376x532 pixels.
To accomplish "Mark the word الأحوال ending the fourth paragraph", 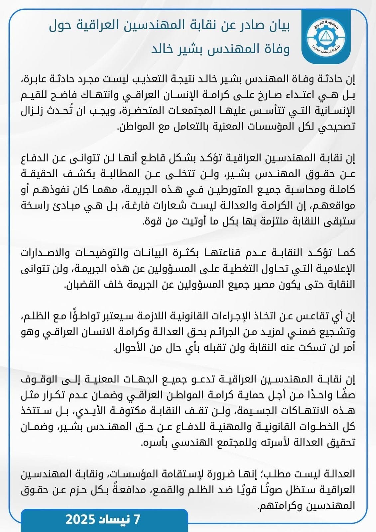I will coord(128,348).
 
